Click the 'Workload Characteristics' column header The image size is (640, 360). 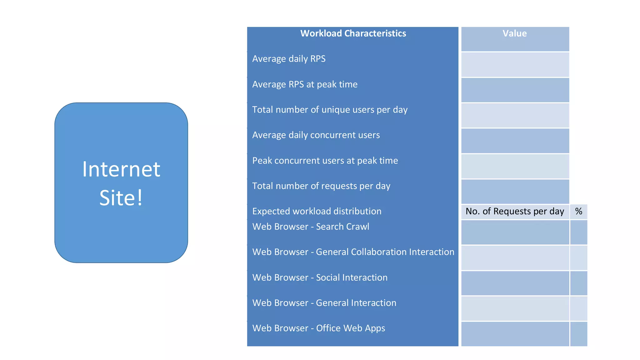click(353, 33)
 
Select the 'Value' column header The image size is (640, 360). click(514, 33)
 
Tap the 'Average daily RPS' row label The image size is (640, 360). click(289, 59)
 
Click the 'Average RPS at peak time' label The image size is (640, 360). click(305, 84)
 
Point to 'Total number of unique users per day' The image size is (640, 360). click(330, 110)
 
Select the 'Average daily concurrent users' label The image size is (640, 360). click(316, 135)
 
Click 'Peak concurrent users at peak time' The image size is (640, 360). click(325, 161)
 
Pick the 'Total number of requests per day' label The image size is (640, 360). click(321, 186)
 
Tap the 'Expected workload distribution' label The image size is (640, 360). click(317, 211)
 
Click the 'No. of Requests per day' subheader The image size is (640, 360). click(515, 211)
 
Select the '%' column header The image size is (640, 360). click(578, 211)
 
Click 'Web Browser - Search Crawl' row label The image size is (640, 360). click(311, 227)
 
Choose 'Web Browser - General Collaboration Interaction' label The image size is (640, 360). click(353, 252)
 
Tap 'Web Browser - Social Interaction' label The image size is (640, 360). click(320, 277)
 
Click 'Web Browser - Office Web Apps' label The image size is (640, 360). click(318, 328)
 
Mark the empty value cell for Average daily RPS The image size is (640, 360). click(515, 65)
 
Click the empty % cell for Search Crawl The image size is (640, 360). click(578, 232)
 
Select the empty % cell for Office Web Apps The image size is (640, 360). click(578, 334)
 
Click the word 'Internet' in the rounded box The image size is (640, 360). click(121, 169)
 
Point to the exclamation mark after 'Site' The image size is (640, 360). click(140, 197)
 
